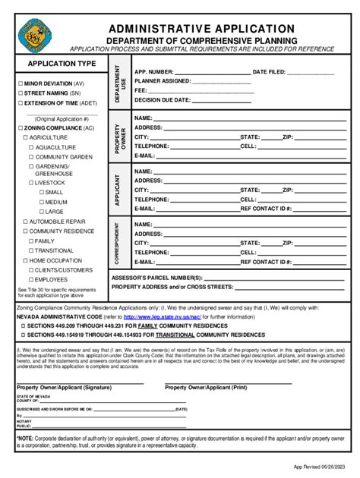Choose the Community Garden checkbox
click(x=30, y=156)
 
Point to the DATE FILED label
click(x=269, y=71)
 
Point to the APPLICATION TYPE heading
click(x=62, y=63)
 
